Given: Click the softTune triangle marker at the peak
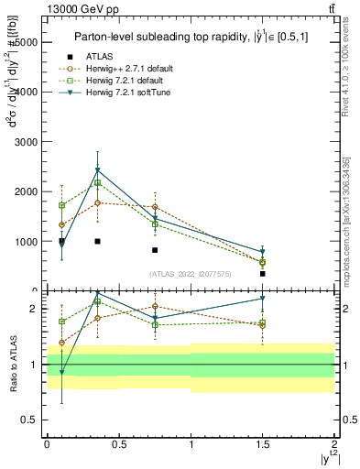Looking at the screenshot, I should (x=97, y=170).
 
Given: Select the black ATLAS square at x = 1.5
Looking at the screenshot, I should (x=262, y=274).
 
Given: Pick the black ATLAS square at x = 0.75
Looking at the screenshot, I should (x=155, y=250).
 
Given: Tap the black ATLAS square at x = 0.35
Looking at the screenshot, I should (x=97, y=241).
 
